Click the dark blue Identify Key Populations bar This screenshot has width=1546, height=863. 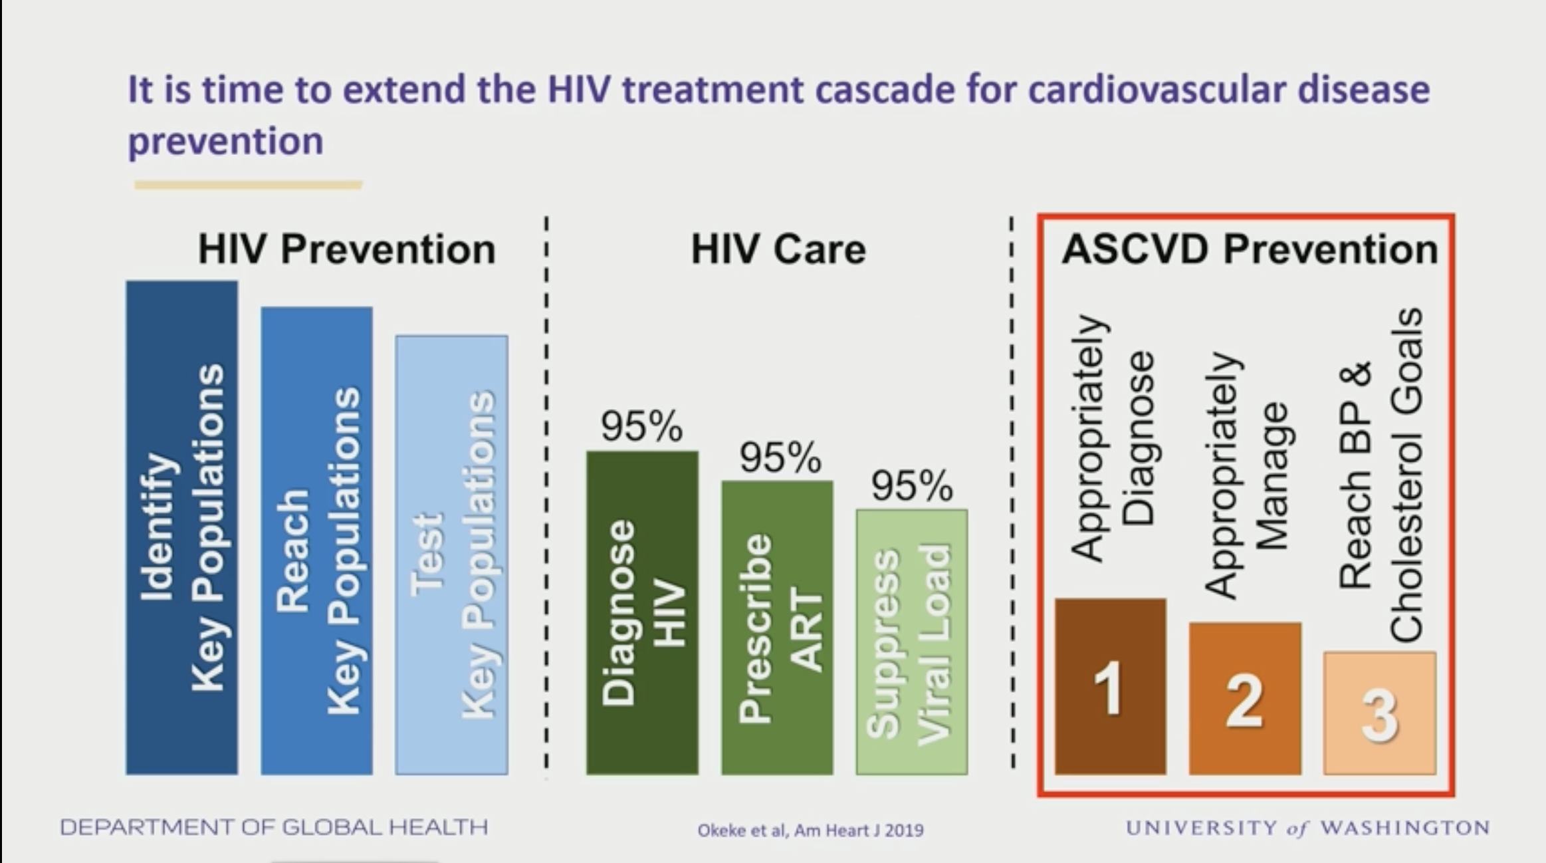click(181, 527)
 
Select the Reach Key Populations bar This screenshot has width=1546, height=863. click(316, 541)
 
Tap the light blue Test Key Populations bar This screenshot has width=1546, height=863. click(451, 555)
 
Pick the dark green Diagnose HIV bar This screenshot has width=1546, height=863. click(642, 612)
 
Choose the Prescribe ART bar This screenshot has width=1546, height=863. click(777, 627)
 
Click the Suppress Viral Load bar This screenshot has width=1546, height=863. click(912, 642)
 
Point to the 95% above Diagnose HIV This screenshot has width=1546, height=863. click(641, 426)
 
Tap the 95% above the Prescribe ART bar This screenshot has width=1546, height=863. click(780, 457)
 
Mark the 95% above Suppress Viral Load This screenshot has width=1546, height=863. click(912, 485)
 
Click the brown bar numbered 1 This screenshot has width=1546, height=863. click(1110, 686)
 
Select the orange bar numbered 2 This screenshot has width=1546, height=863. click(1245, 698)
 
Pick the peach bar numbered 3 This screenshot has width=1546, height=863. click(1380, 713)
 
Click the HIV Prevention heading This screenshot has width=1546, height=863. click(347, 249)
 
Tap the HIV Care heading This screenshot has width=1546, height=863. click(778, 249)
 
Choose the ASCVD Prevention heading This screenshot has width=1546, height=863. click(1250, 249)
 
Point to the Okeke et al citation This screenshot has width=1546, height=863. click(810, 830)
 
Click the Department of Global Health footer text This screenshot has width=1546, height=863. click(274, 827)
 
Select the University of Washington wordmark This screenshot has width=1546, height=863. click(1307, 828)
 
